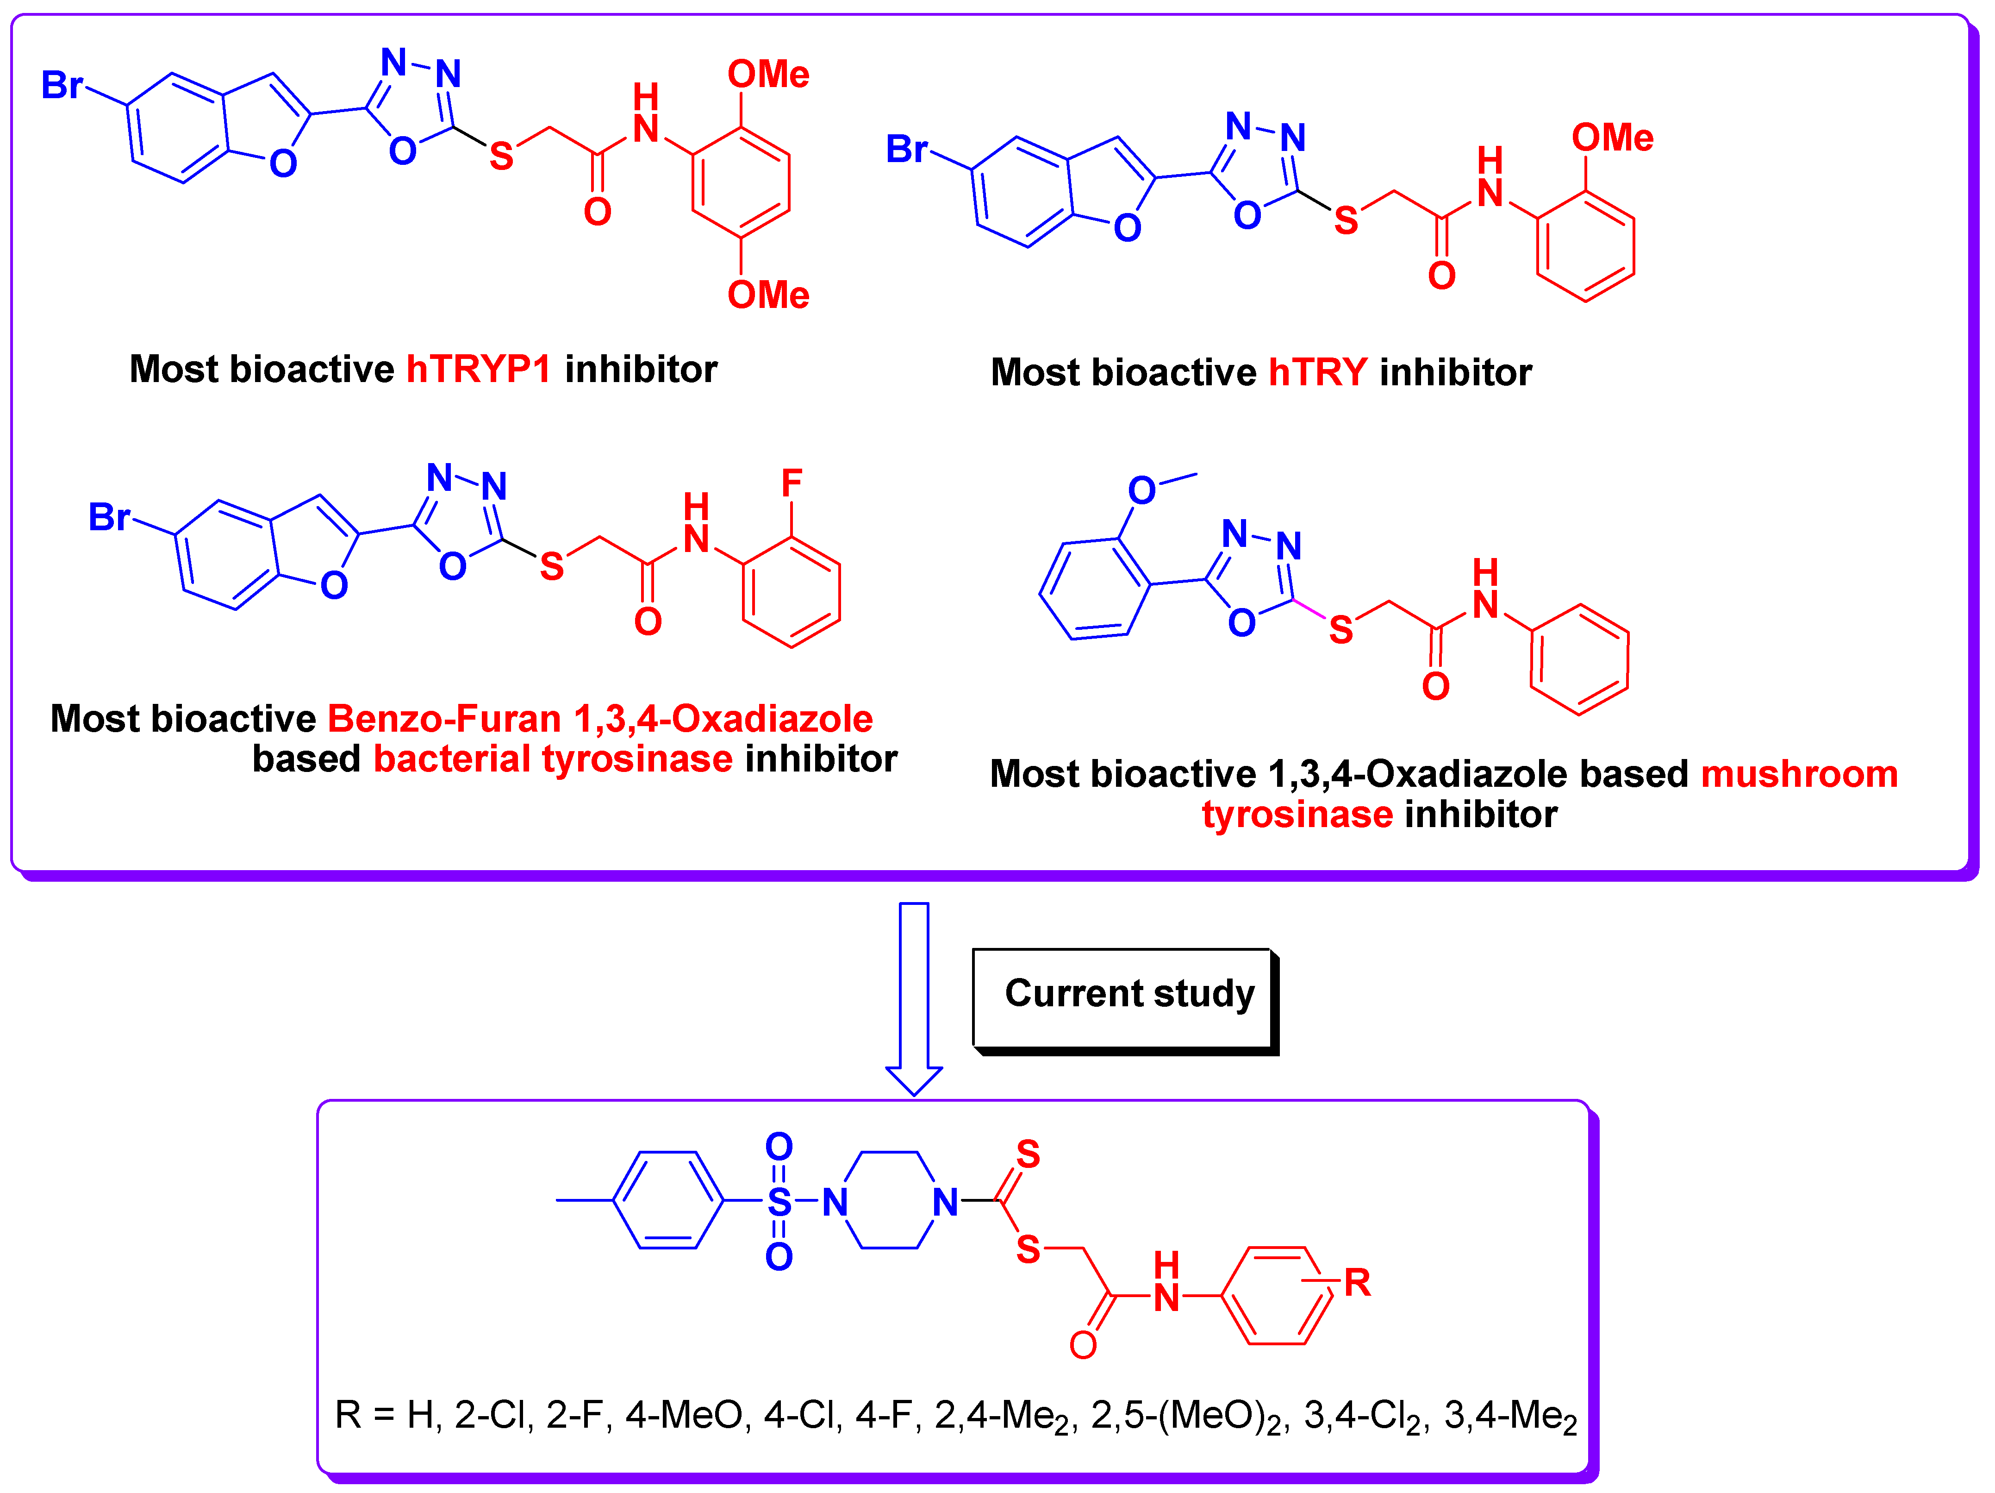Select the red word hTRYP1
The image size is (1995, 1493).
478,369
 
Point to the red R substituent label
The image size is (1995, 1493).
1356,1282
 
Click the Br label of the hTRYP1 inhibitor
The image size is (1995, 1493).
61,86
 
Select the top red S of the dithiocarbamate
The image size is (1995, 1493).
1028,1154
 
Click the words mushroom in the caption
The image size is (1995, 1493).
1799,774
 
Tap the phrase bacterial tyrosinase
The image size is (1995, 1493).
553,759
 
